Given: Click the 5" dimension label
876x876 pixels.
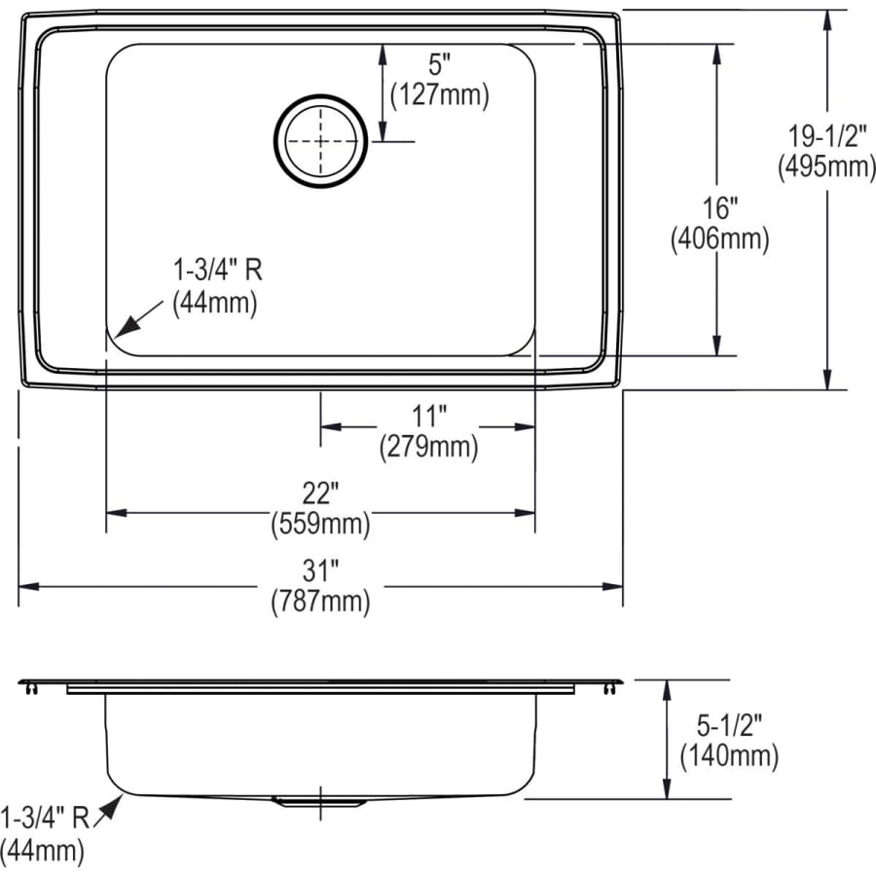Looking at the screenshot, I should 440,69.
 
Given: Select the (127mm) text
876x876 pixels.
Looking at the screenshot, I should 439,95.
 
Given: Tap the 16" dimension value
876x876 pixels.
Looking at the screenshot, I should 719,208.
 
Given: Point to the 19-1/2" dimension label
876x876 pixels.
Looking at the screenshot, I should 826,137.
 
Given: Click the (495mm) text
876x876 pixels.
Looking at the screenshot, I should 826,166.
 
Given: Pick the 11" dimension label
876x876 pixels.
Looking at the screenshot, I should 428,418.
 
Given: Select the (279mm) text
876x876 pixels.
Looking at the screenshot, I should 428,446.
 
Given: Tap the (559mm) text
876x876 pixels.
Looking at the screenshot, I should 320,524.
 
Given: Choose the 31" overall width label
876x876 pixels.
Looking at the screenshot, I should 320,572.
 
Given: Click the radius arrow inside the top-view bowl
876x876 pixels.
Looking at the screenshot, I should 128,323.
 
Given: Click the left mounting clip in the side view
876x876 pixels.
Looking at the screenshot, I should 30,688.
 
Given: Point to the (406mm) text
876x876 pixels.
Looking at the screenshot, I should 719,238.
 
